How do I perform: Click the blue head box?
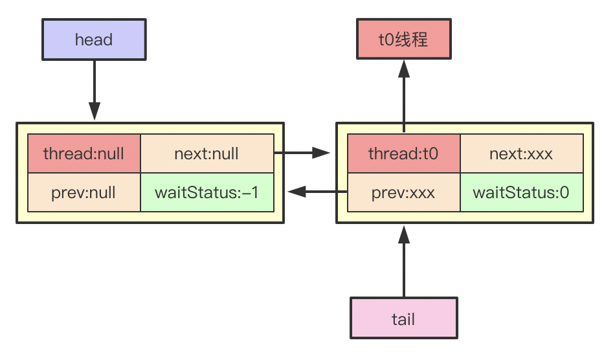click(x=95, y=40)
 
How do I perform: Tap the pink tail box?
click(x=403, y=318)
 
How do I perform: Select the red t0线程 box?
click(x=403, y=40)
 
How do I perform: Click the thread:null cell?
click(x=84, y=154)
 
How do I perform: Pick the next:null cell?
click(x=207, y=154)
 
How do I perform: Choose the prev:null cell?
click(x=84, y=192)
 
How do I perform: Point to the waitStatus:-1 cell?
click(x=207, y=192)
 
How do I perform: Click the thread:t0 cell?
click(x=403, y=154)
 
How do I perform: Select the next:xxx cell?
click(x=522, y=154)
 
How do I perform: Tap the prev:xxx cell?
click(x=403, y=192)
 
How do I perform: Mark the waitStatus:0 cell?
click(x=522, y=192)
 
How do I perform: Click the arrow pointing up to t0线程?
click(x=403, y=94)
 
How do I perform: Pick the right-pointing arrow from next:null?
click(x=302, y=153)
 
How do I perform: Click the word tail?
click(x=403, y=319)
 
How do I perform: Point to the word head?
click(x=95, y=40)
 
